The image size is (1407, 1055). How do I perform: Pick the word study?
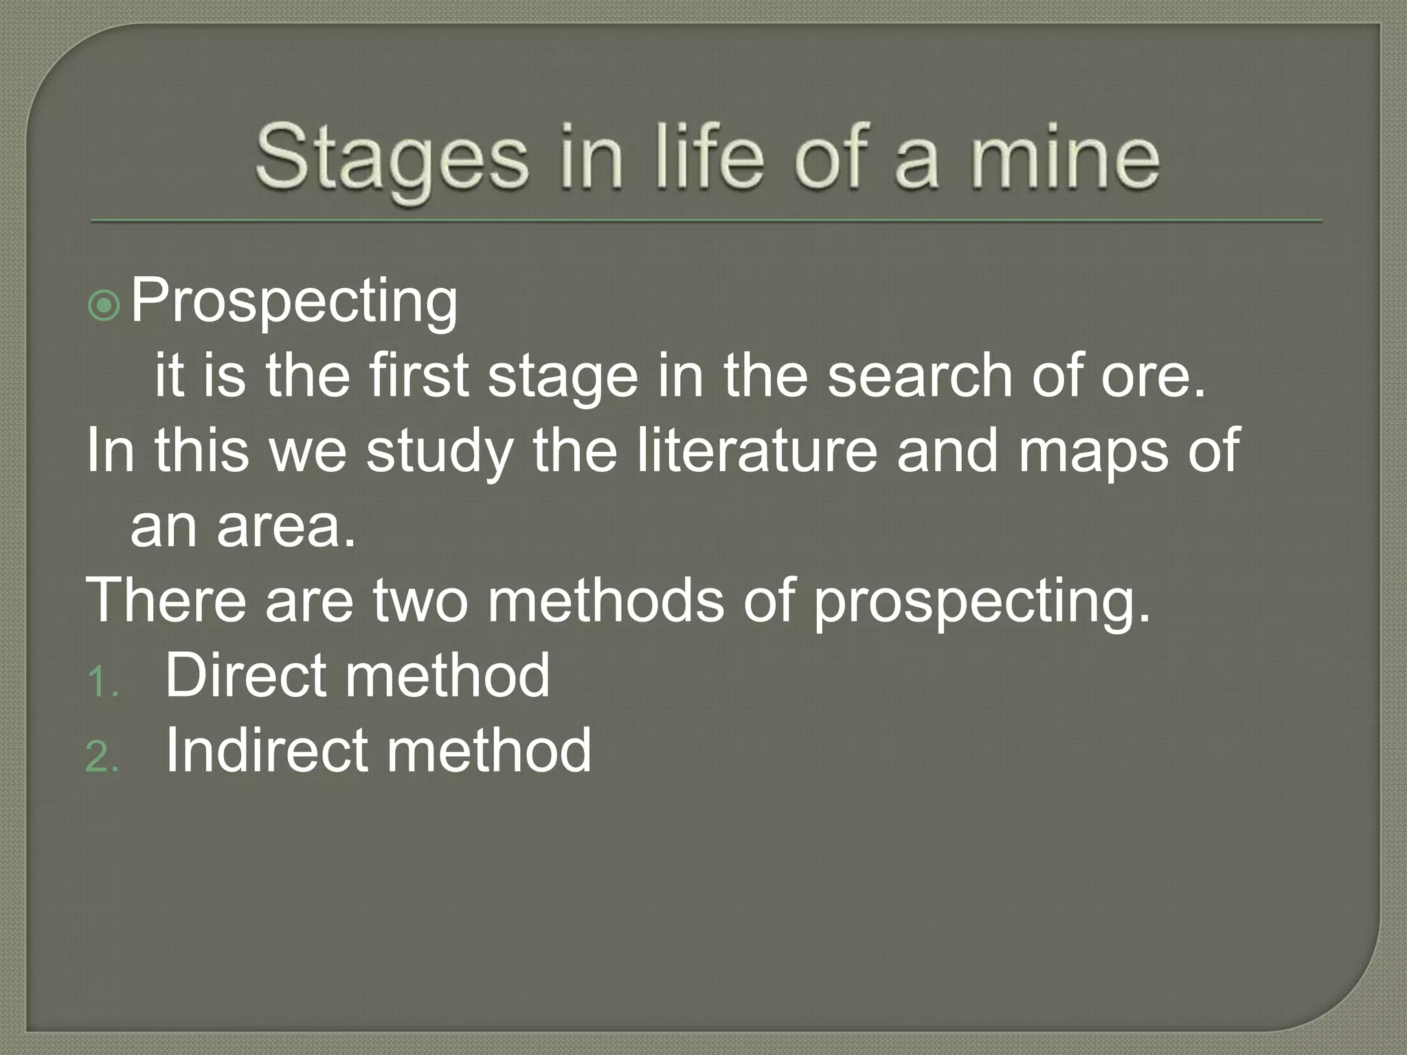click(440, 452)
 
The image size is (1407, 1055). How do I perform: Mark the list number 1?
click(102, 683)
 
